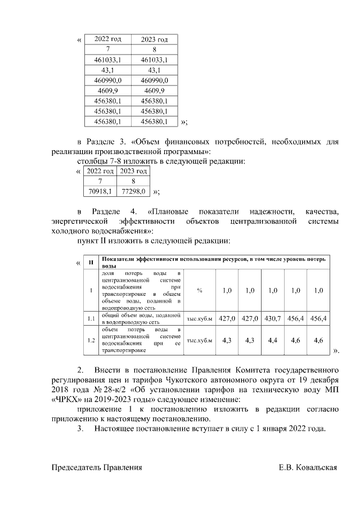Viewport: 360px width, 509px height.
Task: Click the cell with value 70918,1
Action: [100, 192]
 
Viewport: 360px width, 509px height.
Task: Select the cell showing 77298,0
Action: [134, 192]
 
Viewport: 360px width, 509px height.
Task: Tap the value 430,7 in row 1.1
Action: [272, 319]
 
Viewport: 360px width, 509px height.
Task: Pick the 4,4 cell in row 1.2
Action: [272, 340]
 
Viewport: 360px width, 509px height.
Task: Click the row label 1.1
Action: [91, 319]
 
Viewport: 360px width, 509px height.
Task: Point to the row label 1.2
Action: [91, 340]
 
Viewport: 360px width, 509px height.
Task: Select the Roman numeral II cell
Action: [91, 262]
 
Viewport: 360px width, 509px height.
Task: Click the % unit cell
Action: [199, 290]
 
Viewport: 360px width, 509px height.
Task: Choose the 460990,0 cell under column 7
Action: [107, 80]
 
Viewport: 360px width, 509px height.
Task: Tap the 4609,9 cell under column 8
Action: [154, 91]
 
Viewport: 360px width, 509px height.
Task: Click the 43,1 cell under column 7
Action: [107, 70]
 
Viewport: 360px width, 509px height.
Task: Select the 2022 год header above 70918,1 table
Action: [100, 171]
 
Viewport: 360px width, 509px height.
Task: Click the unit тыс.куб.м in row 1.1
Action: [199, 319]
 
